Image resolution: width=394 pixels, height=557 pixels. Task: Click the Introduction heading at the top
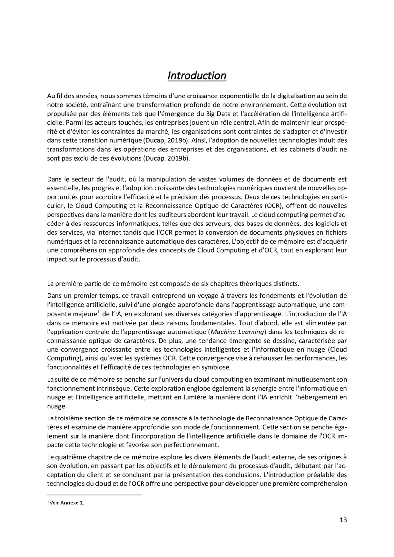click(197, 75)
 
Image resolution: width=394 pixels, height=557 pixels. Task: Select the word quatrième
click(71, 457)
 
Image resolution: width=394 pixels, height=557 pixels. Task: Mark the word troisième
click(70, 418)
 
